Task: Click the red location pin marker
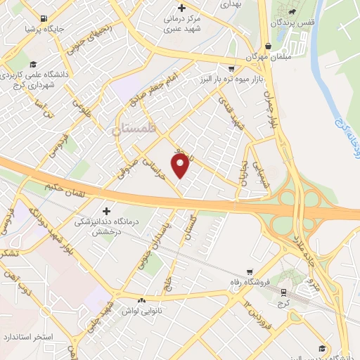click(x=181, y=165)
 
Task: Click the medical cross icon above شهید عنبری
click(x=182, y=8)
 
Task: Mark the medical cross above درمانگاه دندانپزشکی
click(x=107, y=210)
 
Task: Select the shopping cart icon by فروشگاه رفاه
click(x=249, y=271)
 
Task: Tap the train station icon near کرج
click(x=283, y=291)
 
